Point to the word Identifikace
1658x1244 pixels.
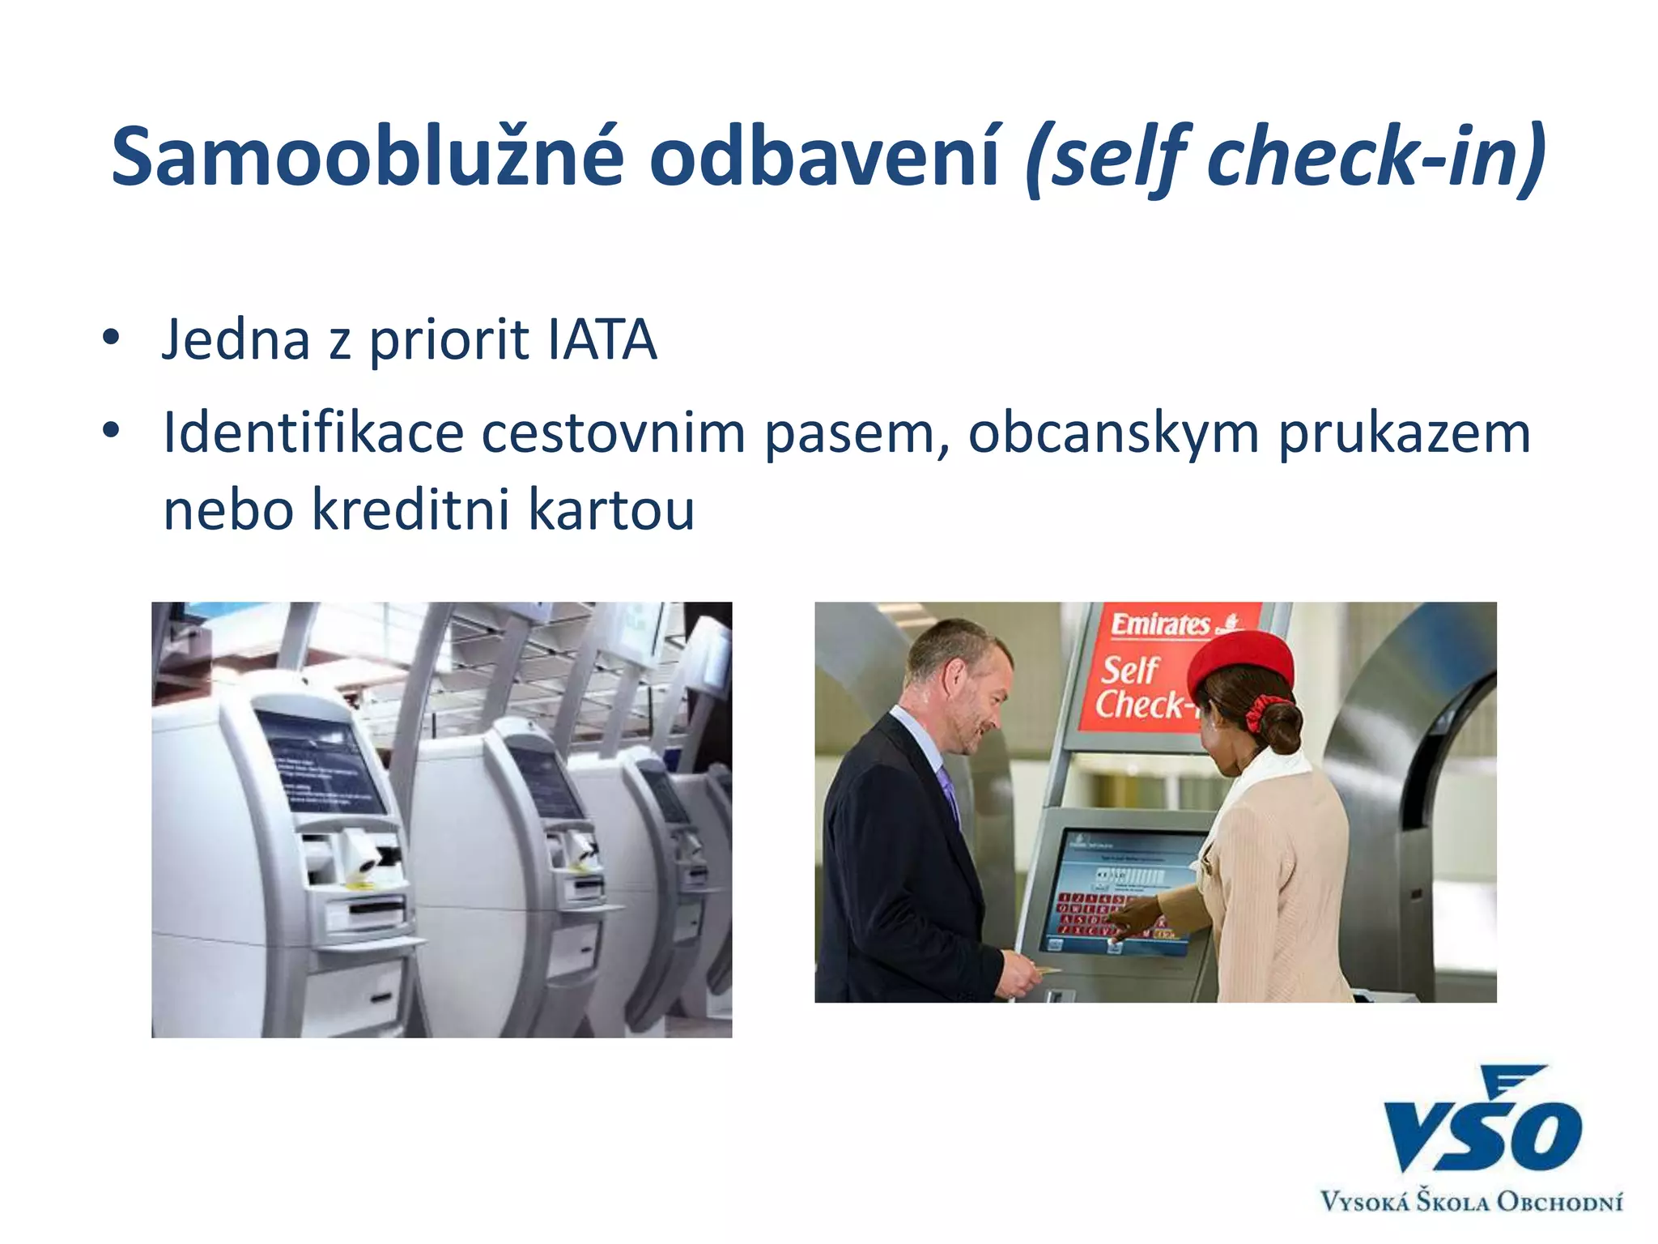click(x=312, y=432)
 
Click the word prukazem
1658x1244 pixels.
click(x=1404, y=434)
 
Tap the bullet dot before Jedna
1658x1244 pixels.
click(x=111, y=337)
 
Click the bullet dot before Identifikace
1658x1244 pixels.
click(x=111, y=430)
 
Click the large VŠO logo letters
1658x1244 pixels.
click(x=1481, y=1126)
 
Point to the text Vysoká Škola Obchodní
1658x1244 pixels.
click(x=1471, y=1201)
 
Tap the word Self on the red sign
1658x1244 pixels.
click(x=1130, y=670)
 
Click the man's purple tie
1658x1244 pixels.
click(x=948, y=790)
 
